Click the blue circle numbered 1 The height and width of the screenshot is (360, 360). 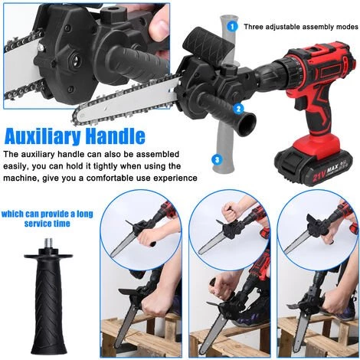click(232, 26)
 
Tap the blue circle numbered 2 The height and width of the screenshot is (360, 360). click(238, 109)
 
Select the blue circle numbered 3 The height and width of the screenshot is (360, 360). click(217, 160)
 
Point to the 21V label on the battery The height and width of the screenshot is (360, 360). click(319, 176)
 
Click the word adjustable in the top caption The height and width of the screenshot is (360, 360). click(281, 27)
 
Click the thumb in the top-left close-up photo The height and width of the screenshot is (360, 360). click(158, 27)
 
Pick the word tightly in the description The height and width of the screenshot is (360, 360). click(103, 166)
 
